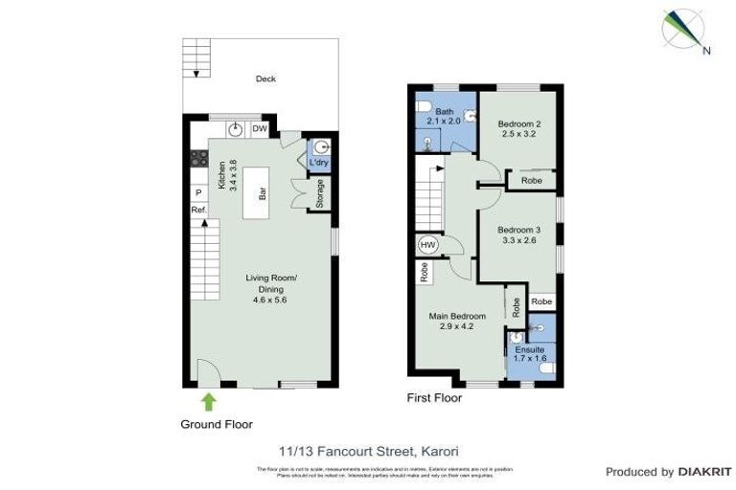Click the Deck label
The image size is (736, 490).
(x=265, y=79)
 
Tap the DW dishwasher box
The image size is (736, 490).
(x=260, y=129)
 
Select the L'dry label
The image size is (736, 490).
(x=319, y=162)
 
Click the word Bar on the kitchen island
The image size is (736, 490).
(x=261, y=192)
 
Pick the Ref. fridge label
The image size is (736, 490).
(x=198, y=210)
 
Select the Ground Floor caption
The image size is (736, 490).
(x=217, y=424)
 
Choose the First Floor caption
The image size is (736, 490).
(x=434, y=398)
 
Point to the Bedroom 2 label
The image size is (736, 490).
(x=518, y=123)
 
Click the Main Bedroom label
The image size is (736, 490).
(x=455, y=316)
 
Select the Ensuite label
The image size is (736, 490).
(x=529, y=350)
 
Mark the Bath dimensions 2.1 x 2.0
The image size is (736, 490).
(x=444, y=121)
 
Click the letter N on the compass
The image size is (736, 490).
(x=706, y=52)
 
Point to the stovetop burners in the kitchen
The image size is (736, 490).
(x=199, y=160)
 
